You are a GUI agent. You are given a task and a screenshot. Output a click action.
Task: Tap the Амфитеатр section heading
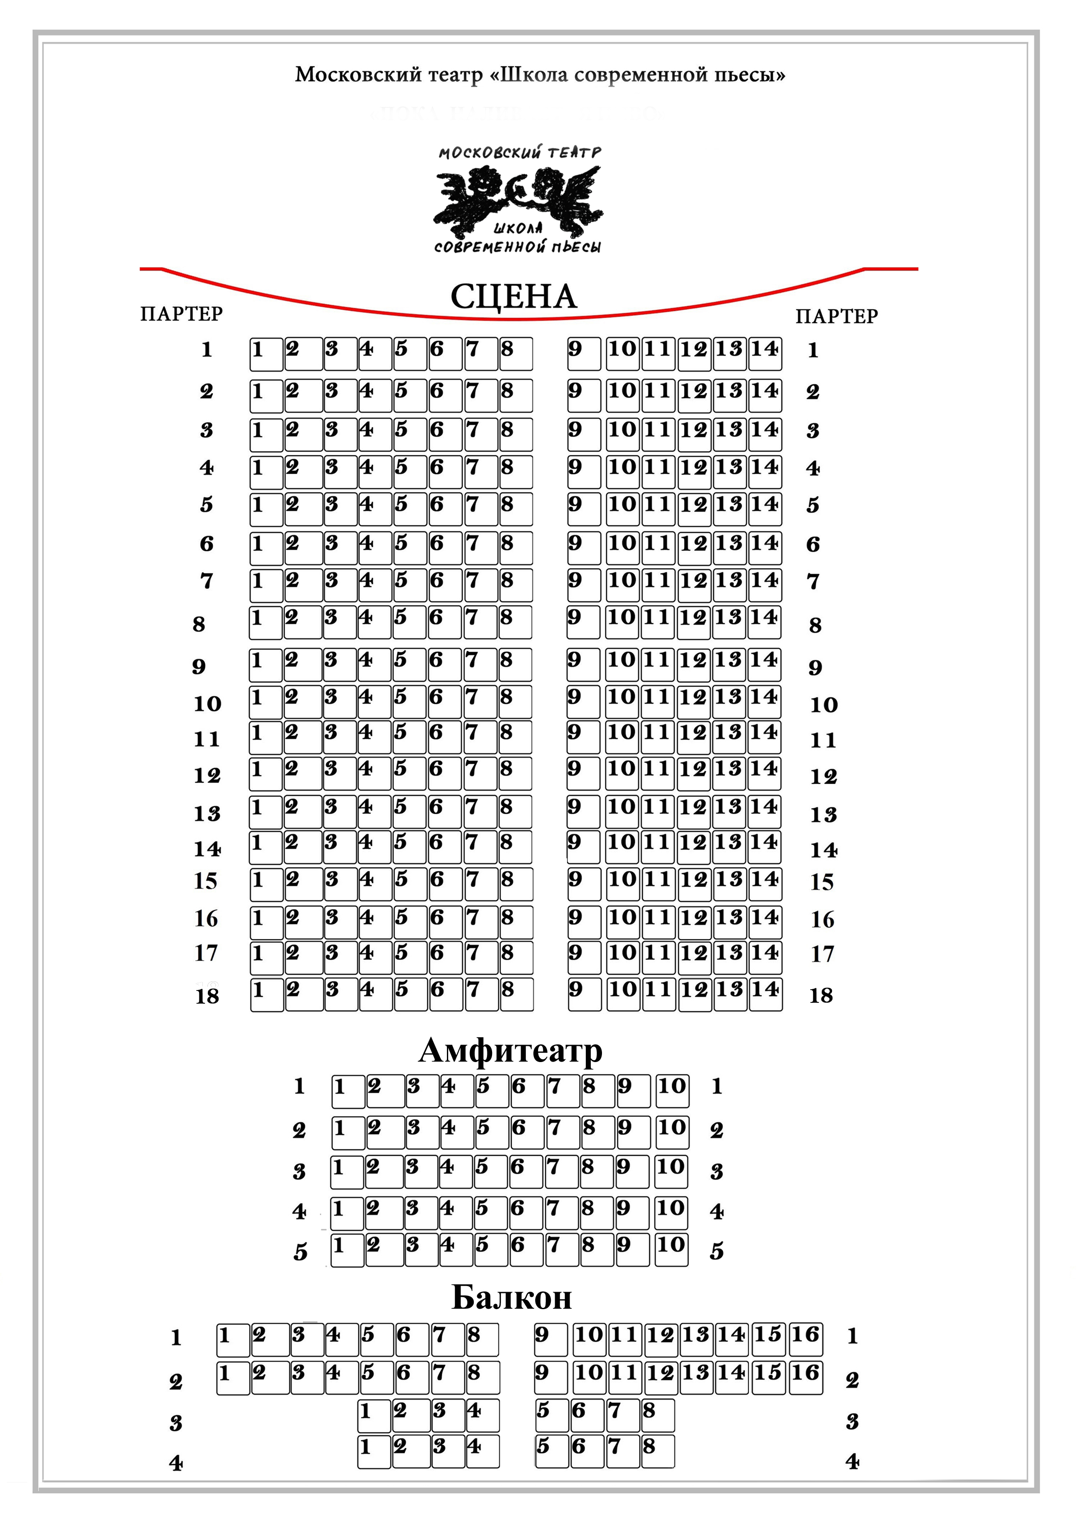pyautogui.click(x=511, y=1050)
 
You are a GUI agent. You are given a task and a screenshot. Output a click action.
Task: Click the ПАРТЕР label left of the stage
pyautogui.click(x=181, y=314)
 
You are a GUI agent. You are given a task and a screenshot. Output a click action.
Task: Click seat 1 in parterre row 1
pyautogui.click(x=266, y=354)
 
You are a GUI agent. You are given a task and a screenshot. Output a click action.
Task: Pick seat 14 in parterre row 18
pyautogui.click(x=765, y=994)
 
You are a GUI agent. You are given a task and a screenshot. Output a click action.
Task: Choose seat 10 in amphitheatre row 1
pyautogui.click(x=672, y=1091)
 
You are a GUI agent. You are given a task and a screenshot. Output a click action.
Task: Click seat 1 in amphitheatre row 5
pyautogui.click(x=348, y=1249)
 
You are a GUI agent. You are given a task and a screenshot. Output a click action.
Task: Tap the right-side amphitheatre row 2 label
pyautogui.click(x=716, y=1130)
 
